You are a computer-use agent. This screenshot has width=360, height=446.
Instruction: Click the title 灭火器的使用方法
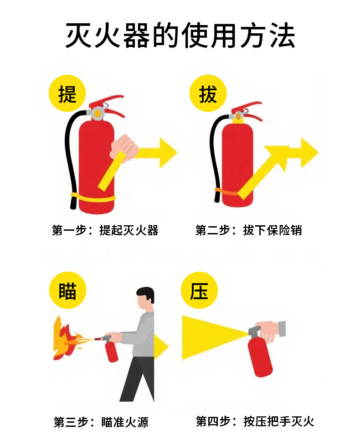coord(180,35)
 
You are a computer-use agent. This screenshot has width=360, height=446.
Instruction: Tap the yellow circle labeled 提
coord(67,94)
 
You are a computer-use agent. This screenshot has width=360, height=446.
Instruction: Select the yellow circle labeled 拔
coord(208,94)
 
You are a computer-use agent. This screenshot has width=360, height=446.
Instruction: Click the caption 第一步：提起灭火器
coord(105,230)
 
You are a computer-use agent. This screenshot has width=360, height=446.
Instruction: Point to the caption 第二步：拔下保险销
coord(249,230)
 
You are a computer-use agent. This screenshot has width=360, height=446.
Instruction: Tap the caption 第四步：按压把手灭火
coord(255,421)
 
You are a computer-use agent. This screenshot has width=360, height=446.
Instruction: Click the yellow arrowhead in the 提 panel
coord(167,152)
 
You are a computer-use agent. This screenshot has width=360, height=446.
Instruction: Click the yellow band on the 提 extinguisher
coord(93,197)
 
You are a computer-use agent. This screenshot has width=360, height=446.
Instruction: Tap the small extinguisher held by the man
coord(111,352)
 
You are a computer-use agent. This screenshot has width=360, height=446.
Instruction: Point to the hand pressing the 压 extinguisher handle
coord(269,331)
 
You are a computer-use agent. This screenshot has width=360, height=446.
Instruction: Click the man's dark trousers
coord(137,379)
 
